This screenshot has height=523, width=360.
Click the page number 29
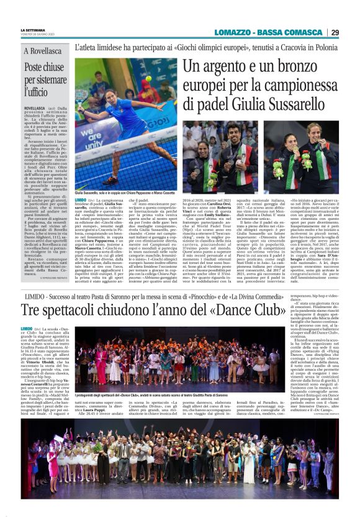pos(335,32)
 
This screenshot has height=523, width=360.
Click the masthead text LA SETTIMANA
pos(32,29)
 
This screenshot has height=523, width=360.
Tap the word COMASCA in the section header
pos(303,32)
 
